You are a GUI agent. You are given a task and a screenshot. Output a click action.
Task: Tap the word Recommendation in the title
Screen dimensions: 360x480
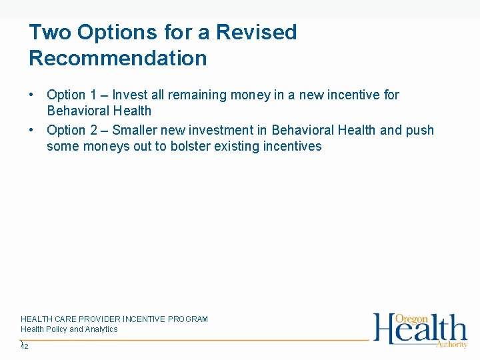pyautogui.click(x=118, y=59)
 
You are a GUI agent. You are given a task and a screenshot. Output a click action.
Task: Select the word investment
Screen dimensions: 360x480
pyautogui.click(x=217, y=131)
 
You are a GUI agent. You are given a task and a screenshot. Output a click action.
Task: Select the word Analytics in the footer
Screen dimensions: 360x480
pyautogui.click(x=101, y=329)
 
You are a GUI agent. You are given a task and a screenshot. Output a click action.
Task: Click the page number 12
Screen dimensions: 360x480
pyautogui.click(x=25, y=346)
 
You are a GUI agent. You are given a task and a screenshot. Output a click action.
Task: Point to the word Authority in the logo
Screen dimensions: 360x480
pyautogui.click(x=451, y=344)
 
